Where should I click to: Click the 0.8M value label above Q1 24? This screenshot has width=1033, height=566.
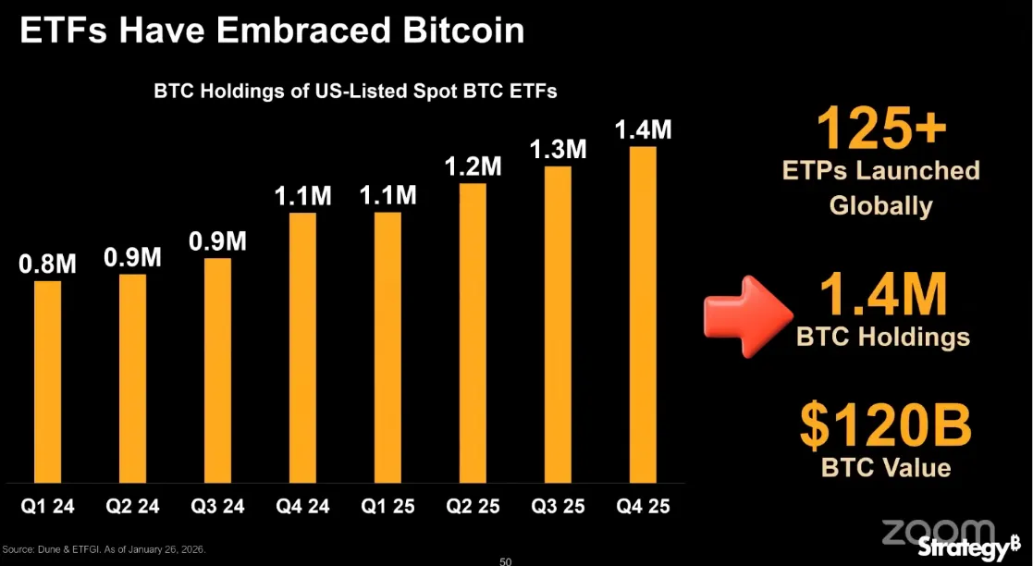tap(48, 264)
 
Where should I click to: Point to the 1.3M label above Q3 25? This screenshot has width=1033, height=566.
tap(558, 149)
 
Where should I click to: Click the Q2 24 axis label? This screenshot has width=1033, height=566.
tap(133, 507)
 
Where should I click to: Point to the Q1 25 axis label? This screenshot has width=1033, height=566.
tap(388, 507)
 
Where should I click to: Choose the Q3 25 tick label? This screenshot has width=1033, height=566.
tap(558, 507)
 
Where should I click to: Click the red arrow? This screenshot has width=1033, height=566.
tap(744, 314)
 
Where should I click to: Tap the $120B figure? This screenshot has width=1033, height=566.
tap(885, 427)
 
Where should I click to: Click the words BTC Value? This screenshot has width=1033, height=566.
tap(885, 467)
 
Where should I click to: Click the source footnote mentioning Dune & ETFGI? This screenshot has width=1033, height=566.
tap(104, 550)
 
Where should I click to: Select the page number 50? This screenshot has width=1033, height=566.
tap(505, 560)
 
